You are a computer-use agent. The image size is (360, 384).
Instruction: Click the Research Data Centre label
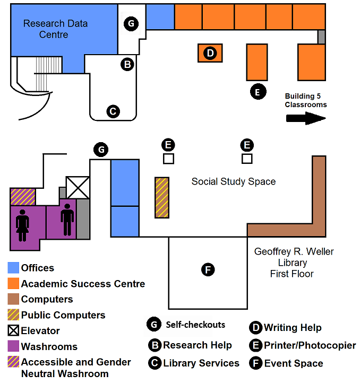point(55,29)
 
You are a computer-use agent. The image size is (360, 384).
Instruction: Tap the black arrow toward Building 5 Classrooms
point(305,118)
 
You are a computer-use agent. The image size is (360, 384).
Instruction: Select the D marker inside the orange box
point(210,53)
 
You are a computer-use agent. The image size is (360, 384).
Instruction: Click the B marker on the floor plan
point(127,65)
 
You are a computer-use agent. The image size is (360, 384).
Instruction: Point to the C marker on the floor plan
point(113,111)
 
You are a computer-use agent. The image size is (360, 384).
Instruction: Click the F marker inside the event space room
point(209,270)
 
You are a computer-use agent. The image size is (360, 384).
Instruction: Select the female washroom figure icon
point(23,221)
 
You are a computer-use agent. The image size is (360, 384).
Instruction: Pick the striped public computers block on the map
point(161,197)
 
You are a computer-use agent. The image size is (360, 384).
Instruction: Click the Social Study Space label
point(234,182)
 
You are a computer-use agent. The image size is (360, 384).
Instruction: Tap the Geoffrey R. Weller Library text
point(294,263)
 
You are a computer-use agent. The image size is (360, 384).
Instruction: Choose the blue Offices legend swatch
point(13,268)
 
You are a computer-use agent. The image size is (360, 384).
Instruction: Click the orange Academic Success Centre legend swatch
point(13,284)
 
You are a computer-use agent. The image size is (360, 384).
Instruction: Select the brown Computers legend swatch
point(13,299)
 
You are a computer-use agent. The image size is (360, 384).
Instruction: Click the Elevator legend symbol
point(13,330)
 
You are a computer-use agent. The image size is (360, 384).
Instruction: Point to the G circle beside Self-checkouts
point(154,325)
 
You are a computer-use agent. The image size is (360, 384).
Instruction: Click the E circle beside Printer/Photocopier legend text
point(255,345)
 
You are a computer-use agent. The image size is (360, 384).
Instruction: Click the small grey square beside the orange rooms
point(321,37)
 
